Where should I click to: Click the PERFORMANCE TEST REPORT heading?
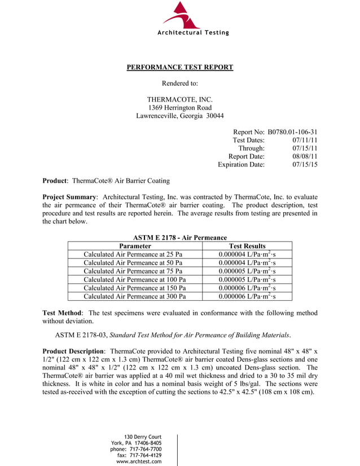[x=179, y=68]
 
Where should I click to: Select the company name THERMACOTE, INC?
[x=179, y=99]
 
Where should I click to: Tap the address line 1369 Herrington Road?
[x=179, y=108]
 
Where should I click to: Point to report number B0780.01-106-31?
[x=292, y=131]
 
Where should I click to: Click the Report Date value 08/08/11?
[x=305, y=156]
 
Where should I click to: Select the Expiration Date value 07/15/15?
[x=305, y=165]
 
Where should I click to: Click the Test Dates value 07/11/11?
[x=305, y=140]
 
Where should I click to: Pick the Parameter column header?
[x=135, y=246]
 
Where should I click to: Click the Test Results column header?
[x=247, y=246]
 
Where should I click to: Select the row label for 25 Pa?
[x=133, y=254]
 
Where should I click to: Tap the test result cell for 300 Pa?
[x=247, y=296]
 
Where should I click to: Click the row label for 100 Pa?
[x=135, y=279]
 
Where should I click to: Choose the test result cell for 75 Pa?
[x=247, y=271]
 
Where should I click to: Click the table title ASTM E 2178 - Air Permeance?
[x=179, y=238]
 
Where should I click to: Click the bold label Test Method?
[x=63, y=313]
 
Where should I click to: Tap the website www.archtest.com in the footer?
[x=139, y=461]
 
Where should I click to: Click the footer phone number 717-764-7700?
[x=146, y=449]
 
